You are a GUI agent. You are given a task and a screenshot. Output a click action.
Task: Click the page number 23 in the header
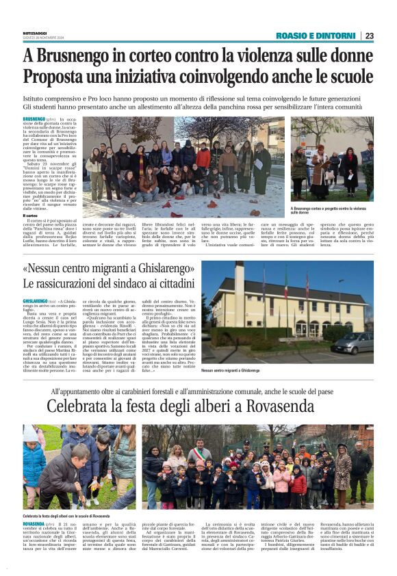[369, 36]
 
